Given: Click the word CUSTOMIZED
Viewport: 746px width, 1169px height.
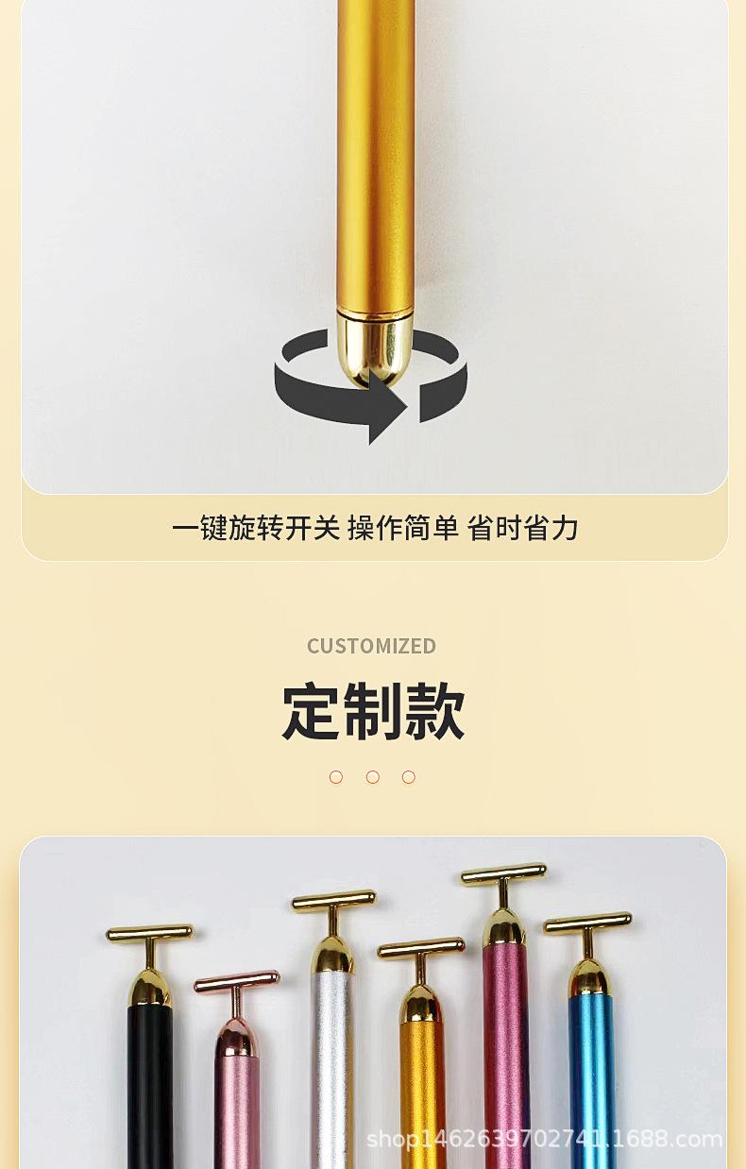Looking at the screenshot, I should tap(371, 646).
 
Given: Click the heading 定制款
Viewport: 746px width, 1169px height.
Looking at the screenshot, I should tap(373, 712).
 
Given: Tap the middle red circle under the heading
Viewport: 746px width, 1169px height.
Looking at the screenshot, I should tap(373, 777).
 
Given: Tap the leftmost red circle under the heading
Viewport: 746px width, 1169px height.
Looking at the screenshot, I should tap(336, 777).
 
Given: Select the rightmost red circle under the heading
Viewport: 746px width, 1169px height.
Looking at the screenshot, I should tap(409, 777).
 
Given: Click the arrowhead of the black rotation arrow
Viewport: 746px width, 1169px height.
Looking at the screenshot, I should tap(387, 408).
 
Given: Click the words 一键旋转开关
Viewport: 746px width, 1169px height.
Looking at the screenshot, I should tap(255, 528).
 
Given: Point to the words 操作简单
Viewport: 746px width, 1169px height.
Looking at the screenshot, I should tap(403, 528).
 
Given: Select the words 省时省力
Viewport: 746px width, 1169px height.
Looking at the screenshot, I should tap(522, 528).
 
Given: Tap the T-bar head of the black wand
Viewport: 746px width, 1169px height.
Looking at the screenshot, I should tap(149, 934).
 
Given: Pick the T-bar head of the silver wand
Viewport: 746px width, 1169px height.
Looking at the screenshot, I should tap(333, 901).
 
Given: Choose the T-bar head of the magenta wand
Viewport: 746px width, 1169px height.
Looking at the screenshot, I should tap(503, 873).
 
